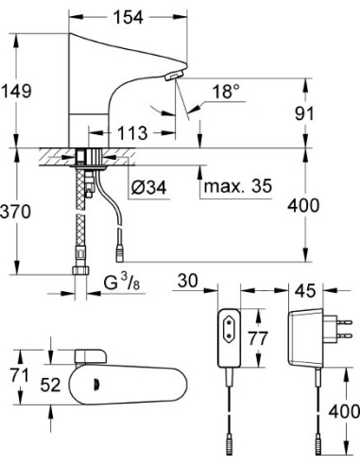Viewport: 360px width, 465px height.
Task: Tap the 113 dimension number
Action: [132, 131]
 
